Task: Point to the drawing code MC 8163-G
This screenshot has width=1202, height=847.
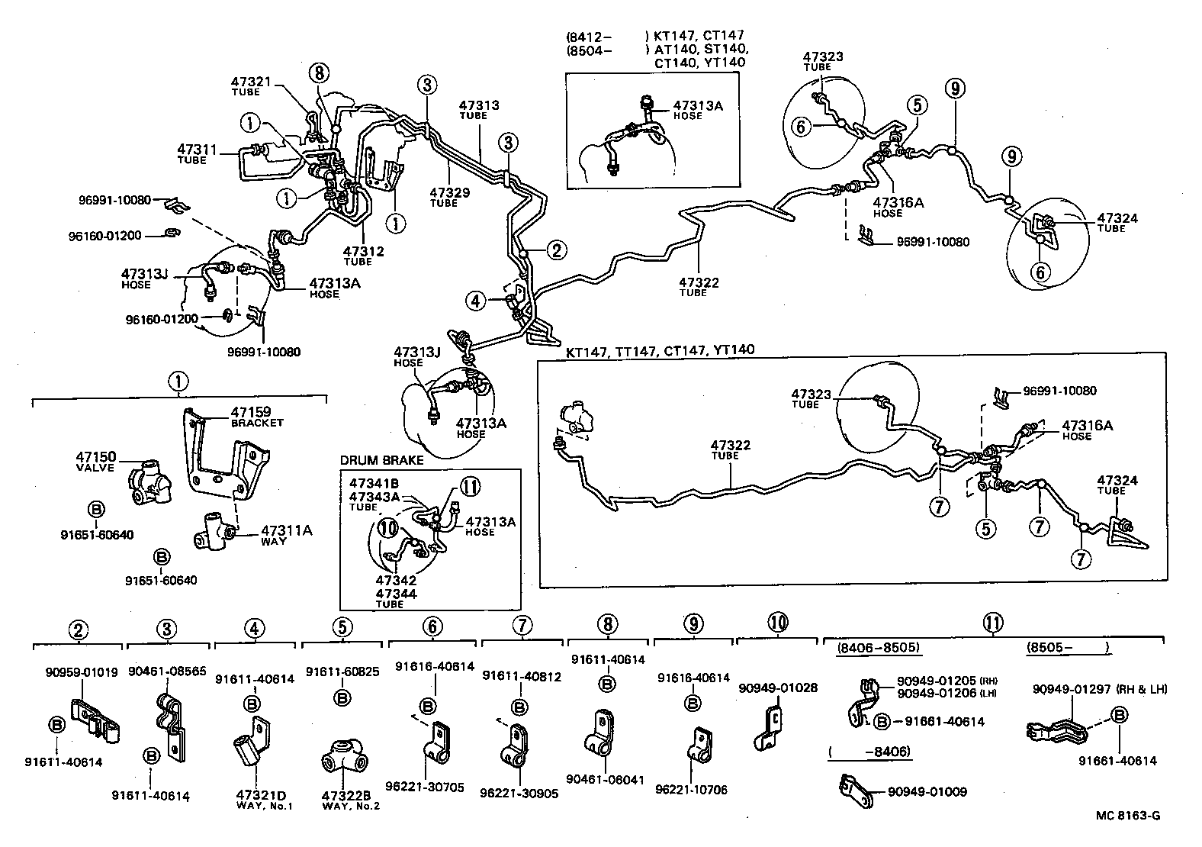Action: [x=1128, y=815]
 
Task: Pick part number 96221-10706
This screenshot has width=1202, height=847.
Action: [x=691, y=790]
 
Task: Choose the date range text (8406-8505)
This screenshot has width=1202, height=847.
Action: [x=878, y=648]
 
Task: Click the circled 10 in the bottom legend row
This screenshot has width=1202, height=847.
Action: [x=778, y=622]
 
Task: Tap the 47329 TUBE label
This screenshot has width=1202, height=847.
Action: [x=449, y=193]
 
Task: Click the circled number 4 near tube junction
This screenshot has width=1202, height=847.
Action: [x=477, y=301]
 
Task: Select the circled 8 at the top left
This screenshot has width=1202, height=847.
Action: [x=319, y=73]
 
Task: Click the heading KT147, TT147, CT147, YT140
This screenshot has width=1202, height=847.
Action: [x=660, y=350]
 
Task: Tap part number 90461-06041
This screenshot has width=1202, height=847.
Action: [x=606, y=780]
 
